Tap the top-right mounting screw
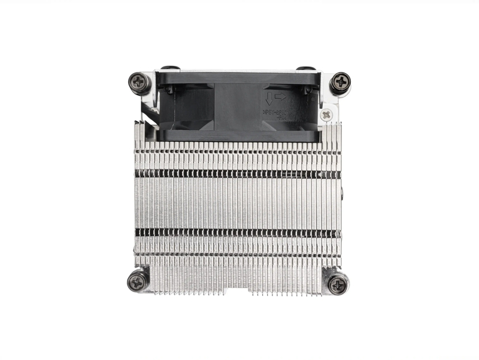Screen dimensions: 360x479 (341, 81)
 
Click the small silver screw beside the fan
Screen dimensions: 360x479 (326, 114)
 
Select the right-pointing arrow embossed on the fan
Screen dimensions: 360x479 (281, 96)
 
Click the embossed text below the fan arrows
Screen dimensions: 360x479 (274, 111)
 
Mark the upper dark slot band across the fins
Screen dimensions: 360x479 (237, 173)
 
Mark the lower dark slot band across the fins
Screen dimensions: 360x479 (237, 232)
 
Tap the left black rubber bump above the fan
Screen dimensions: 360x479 (170, 69)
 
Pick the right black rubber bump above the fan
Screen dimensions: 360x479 (305, 69)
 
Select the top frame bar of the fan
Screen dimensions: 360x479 (239, 77)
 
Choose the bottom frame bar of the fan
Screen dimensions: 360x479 (239, 137)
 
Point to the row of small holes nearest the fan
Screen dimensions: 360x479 (237, 152)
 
